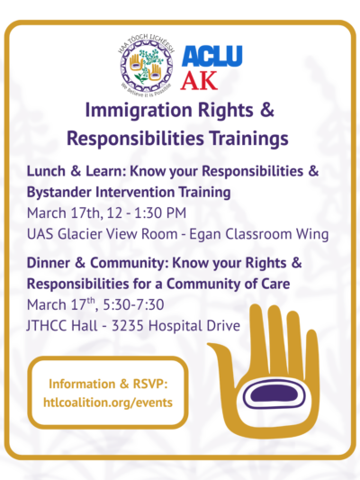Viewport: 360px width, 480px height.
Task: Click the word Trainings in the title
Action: pos(245,139)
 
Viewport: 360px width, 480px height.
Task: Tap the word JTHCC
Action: pos(54,324)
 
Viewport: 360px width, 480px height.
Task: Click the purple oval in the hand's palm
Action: pos(267,394)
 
